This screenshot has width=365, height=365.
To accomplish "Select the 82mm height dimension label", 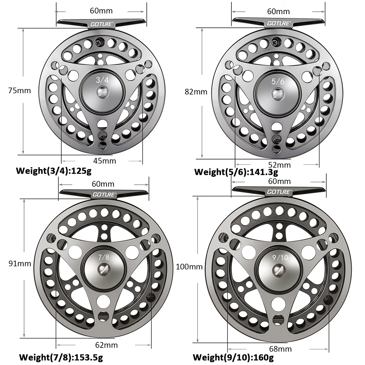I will tap(196, 92).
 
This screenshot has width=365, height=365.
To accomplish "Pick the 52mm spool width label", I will tap(280, 165).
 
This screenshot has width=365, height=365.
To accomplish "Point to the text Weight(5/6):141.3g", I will tap(236, 172).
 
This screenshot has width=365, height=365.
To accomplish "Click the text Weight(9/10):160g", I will tap(233, 357).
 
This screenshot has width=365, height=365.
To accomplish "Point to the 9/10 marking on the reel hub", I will tap(280, 257).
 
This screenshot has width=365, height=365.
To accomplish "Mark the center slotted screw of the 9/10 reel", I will tap(279, 270).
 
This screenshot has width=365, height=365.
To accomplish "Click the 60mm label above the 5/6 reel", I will tap(278, 11).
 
